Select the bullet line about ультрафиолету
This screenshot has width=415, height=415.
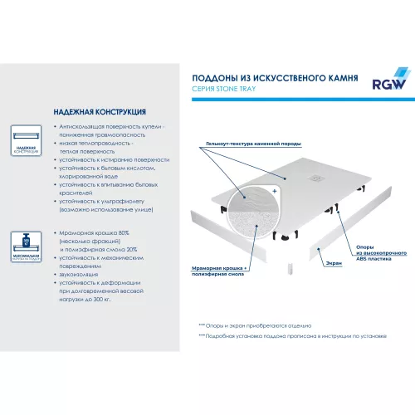click(108, 201)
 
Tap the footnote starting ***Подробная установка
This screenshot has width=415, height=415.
click(290, 337)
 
